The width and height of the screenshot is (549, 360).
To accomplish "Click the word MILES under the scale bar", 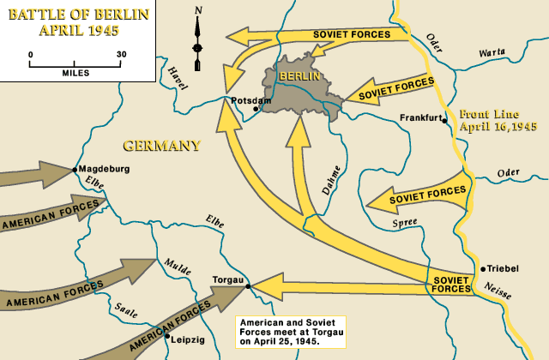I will [75, 72].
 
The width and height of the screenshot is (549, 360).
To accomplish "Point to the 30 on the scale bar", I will [121, 54].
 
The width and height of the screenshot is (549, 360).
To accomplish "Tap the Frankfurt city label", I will [420, 118].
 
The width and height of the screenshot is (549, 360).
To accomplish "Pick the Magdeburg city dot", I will [76, 169].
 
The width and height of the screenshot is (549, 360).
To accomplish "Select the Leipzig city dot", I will [167, 336].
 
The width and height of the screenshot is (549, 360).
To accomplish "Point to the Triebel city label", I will [504, 268].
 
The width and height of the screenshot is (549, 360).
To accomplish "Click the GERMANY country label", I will [161, 146].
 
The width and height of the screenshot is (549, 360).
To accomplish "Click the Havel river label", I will [178, 78].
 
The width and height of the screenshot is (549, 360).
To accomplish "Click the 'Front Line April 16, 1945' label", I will [498, 120].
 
